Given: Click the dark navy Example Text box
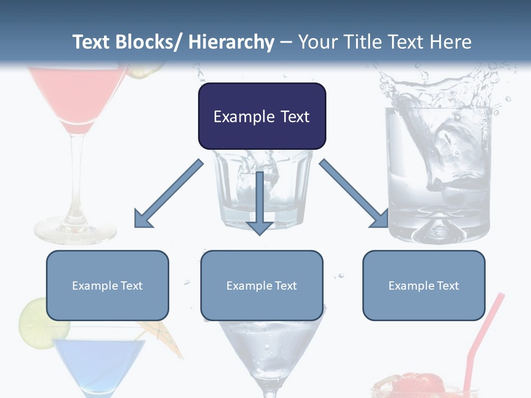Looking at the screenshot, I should [262, 116].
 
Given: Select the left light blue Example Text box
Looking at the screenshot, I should [107, 285].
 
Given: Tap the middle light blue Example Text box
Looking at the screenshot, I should [262, 285].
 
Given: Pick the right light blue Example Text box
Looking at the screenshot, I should [424, 285].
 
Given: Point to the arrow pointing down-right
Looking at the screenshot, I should [354, 193].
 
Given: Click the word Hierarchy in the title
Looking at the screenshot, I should [231, 42].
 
